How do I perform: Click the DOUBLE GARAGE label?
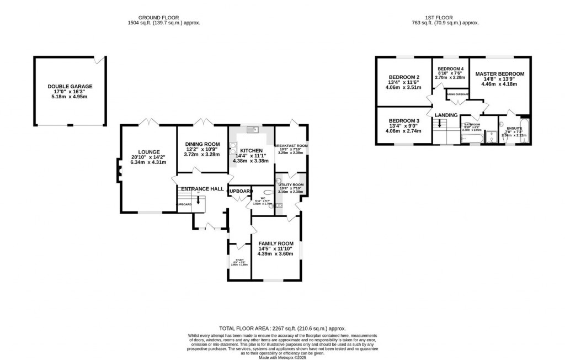[70, 86]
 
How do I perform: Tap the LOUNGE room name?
[149, 152]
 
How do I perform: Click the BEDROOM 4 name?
[450, 67]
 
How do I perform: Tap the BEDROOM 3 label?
[404, 121]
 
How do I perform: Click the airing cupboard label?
[457, 94]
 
